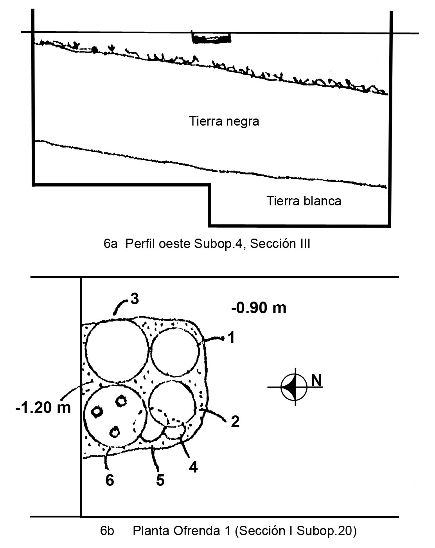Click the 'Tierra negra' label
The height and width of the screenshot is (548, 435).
[224, 121]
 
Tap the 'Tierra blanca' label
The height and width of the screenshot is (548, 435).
[304, 201]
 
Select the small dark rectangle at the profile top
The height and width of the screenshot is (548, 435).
[211, 38]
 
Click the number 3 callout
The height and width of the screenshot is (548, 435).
[135, 298]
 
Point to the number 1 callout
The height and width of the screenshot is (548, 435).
[231, 338]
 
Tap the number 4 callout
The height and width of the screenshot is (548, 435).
[194, 467]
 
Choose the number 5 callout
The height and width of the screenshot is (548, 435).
[160, 480]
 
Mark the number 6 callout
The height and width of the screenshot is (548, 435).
[110, 480]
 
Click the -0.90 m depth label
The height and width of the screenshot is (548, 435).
[259, 308]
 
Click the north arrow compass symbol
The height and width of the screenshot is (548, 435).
[295, 387]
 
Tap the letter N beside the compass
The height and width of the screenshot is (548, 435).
[316, 380]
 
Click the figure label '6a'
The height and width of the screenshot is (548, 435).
[111, 244]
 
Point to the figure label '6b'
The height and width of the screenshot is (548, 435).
[107, 531]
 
